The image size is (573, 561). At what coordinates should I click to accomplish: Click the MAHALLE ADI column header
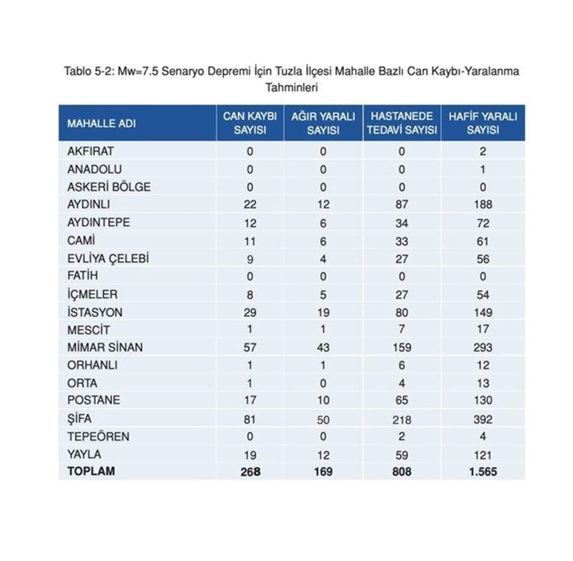[101, 123]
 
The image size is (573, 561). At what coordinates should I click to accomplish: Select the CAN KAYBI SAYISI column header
[250, 123]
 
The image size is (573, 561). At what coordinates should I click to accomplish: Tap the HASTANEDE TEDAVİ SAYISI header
[402, 123]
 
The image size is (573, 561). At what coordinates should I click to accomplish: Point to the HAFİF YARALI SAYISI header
[482, 123]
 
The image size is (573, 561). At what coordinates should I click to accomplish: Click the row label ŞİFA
[80, 418]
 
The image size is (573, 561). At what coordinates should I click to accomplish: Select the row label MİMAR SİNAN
[105, 347]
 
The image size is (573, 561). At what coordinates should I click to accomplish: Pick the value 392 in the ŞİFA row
[483, 419]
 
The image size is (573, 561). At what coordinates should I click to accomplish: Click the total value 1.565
[482, 472]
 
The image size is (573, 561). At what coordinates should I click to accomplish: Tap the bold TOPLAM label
[91, 472]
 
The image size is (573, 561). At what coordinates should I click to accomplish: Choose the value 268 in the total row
[250, 472]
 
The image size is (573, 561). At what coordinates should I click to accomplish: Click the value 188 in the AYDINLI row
[483, 204]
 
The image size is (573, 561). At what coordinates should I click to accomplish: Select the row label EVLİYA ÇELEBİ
[108, 258]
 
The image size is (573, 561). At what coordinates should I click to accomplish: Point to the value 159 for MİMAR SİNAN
[402, 347]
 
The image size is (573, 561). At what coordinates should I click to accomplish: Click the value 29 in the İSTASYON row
[250, 313]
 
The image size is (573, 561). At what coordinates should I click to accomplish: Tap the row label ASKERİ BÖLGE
[109, 187]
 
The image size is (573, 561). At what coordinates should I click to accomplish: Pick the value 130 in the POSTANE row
[483, 400]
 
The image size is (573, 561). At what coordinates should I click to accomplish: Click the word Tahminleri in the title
[292, 88]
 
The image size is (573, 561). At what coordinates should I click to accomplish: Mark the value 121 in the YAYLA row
[483, 455]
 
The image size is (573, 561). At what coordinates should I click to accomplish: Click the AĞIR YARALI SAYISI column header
[323, 123]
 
